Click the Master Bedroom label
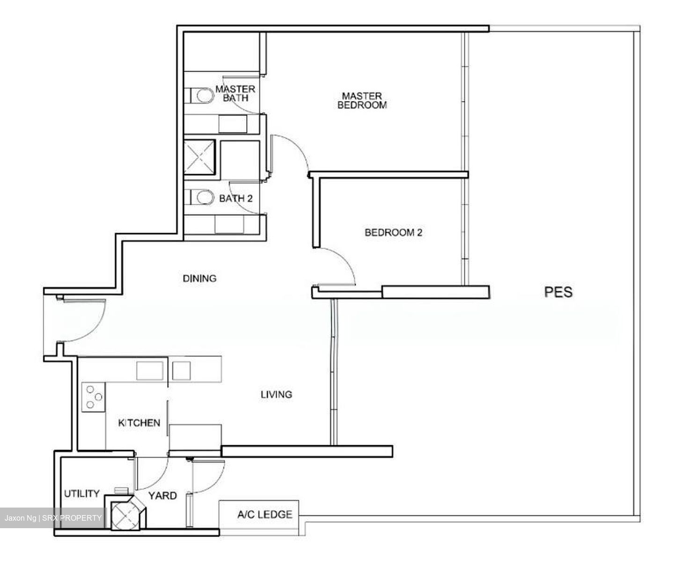(x=362, y=101)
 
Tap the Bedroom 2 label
(x=393, y=232)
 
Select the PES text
(x=558, y=292)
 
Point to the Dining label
(x=199, y=278)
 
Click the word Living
(x=276, y=394)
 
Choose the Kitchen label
(x=139, y=423)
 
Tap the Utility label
(x=81, y=494)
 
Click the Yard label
(x=162, y=495)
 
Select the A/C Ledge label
(x=264, y=515)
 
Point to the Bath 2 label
(x=236, y=198)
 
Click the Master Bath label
(x=235, y=93)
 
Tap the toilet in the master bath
(x=201, y=96)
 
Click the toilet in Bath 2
(x=201, y=198)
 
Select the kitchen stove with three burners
(x=94, y=397)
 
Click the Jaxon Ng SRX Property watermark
(x=53, y=518)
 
